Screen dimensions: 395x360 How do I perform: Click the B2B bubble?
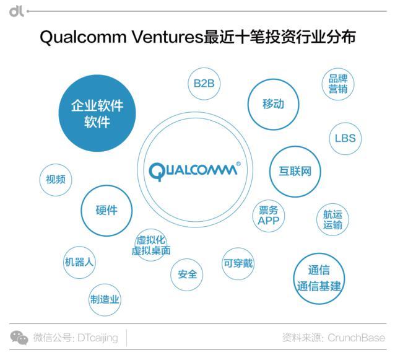tap(204, 84)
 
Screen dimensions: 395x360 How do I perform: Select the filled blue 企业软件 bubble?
tap(97, 113)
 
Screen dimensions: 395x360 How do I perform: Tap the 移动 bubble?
tap(273, 104)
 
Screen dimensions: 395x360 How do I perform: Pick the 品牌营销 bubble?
tap(338, 84)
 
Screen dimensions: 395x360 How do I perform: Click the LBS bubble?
tap(345, 138)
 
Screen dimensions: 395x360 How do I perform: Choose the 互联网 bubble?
tap(295, 172)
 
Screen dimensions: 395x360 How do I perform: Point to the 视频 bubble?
tap(56, 180)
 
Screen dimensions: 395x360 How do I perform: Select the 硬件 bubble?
tap(106, 211)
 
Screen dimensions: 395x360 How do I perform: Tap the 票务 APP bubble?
tap(269, 216)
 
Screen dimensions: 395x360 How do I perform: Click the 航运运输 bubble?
tap(332, 219)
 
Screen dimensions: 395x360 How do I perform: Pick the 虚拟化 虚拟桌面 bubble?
tap(151, 245)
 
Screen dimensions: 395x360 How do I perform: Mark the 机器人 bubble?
tap(79, 263)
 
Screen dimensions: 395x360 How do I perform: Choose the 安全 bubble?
tap(187, 274)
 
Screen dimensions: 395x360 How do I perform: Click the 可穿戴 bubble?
tap(238, 264)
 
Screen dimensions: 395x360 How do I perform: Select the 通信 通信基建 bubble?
tap(319, 279)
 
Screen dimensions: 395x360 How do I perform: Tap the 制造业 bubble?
tap(105, 300)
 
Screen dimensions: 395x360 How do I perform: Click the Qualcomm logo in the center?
tap(194, 170)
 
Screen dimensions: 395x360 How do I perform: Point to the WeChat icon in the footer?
tap(19, 338)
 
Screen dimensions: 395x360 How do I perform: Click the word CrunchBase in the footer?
tap(356, 338)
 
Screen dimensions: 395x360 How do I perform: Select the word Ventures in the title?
tap(167, 37)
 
